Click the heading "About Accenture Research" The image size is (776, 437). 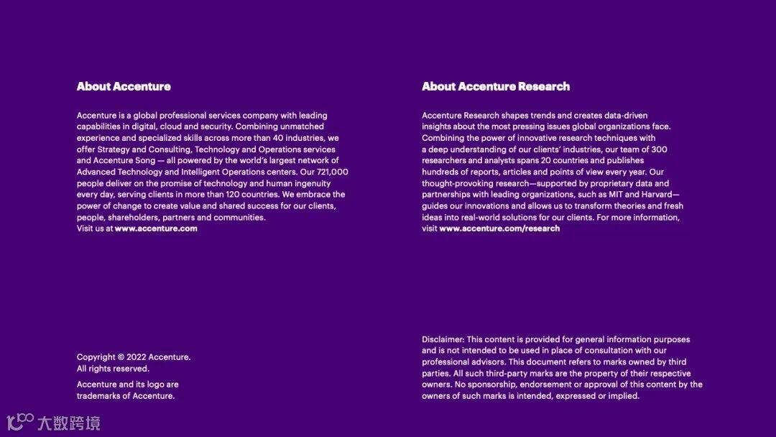tap(496, 86)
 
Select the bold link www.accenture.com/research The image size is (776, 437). tap(499, 229)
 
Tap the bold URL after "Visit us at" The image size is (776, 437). tap(156, 229)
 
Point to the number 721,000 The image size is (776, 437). tap(333, 172)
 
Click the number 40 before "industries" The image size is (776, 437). tap(278, 138)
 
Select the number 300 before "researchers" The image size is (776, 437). tap(660, 149)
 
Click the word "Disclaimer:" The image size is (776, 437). tap(443, 339)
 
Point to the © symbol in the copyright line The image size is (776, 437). tap(121, 357)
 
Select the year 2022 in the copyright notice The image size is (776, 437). tap(137, 357)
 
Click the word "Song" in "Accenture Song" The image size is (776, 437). tap(145, 160)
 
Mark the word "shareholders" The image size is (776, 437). tap(132, 218)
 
